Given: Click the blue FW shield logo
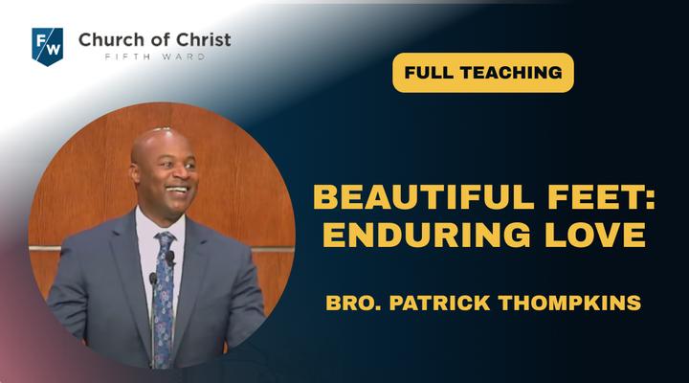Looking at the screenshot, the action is [48, 46].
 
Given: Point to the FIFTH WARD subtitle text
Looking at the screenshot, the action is [155, 56].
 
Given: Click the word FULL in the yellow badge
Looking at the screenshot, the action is [426, 73].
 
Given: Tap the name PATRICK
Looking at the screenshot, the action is [439, 303].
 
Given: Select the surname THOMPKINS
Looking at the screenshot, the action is [570, 303].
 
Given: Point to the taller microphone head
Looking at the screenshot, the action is [170, 258].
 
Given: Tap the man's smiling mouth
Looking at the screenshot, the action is [178, 190].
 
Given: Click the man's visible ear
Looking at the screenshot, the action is [135, 172].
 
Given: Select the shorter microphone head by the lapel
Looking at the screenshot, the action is [153, 278].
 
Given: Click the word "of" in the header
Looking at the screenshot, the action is [157, 40].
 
